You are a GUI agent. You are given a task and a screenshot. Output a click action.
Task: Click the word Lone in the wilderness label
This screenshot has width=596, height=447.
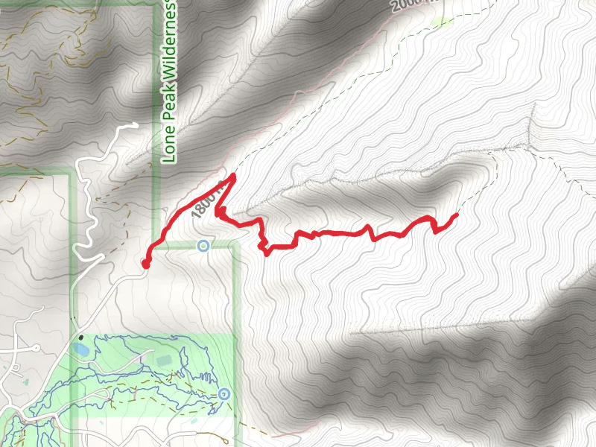click(169, 146)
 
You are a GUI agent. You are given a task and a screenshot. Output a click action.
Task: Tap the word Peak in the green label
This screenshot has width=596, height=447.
click(169, 110)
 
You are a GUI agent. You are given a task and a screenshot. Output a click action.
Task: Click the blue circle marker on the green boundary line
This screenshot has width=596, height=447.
click(203, 245)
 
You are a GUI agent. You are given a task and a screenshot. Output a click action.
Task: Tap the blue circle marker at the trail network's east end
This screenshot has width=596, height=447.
click(224, 393)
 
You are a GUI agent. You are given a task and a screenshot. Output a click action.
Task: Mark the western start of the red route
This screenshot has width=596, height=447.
click(145, 263)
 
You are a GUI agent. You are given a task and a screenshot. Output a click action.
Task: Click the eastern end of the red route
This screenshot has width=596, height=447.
click(455, 215)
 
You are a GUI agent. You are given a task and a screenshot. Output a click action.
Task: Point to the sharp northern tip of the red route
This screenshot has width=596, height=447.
click(234, 176)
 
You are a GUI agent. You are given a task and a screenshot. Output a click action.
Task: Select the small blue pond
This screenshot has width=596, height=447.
click(80, 348)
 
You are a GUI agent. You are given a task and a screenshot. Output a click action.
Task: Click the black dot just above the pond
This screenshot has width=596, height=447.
click(78, 336)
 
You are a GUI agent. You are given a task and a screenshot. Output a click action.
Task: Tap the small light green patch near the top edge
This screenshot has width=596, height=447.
click(444, 22)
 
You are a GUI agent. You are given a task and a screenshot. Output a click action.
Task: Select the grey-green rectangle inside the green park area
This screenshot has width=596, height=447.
click(163, 361)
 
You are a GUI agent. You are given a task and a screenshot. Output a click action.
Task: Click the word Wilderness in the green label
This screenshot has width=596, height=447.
click(169, 45)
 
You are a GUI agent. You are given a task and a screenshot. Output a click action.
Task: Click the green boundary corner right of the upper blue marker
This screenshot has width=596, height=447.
click(234, 246)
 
